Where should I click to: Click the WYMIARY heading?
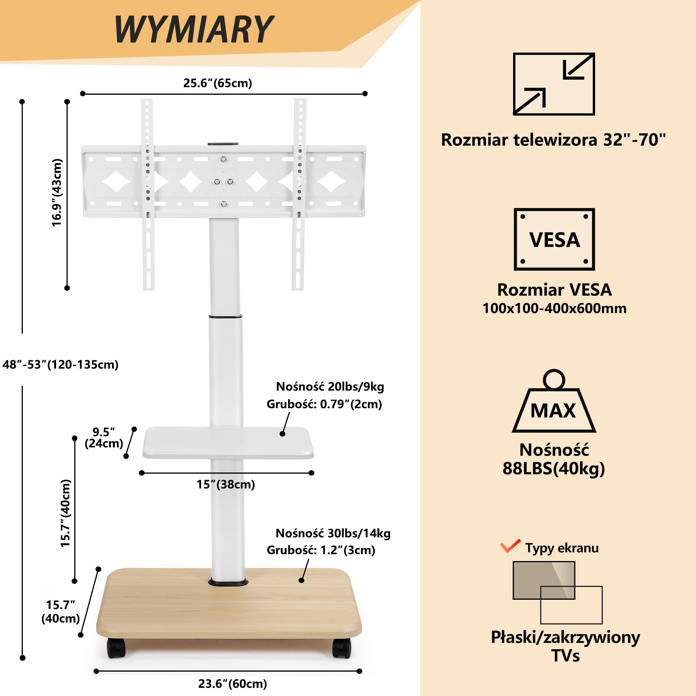pyautogui.click(x=194, y=29)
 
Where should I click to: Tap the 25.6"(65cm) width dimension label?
pyautogui.click(x=218, y=83)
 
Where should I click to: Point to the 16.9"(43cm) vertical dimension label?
pyautogui.click(x=57, y=193)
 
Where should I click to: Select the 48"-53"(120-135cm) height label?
pyautogui.click(x=60, y=365)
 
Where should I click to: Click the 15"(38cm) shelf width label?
pyautogui.click(x=226, y=484)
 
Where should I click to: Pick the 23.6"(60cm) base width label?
pyautogui.click(x=233, y=684)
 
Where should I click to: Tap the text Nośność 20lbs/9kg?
pyautogui.click(x=330, y=386)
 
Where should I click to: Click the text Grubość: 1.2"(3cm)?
pyautogui.click(x=321, y=550)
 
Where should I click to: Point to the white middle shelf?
pyautogui.click(x=228, y=443)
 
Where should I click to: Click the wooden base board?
pyautogui.click(x=229, y=603)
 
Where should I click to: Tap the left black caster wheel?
pyautogui.click(x=116, y=648)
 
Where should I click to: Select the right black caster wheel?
pyautogui.click(x=342, y=648)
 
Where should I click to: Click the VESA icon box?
pyautogui.click(x=554, y=239)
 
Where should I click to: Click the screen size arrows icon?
pyautogui.click(x=554, y=84)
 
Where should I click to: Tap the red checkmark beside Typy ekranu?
pyautogui.click(x=510, y=546)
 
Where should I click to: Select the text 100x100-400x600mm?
pyautogui.click(x=554, y=308)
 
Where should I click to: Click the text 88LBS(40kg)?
pyautogui.click(x=554, y=468)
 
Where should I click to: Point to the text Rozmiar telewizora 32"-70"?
pyautogui.click(x=554, y=140)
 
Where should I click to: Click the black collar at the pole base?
pyautogui.click(x=228, y=582)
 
